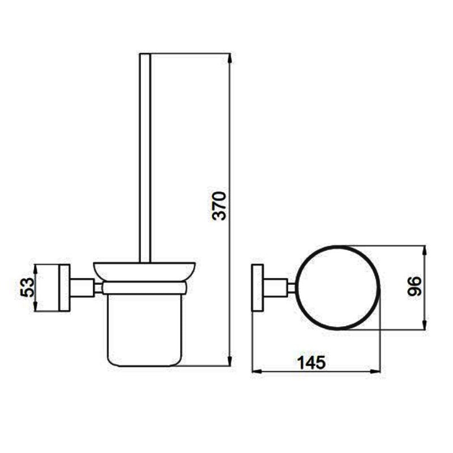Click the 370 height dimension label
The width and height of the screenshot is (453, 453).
point(219,206)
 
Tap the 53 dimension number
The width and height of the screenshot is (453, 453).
point(27,287)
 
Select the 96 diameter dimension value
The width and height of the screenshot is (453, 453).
point(414,286)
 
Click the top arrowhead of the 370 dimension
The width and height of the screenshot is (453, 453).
point(230,58)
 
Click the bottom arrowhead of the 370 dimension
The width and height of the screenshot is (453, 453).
point(230,361)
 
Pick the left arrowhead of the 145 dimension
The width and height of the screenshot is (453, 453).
point(258,371)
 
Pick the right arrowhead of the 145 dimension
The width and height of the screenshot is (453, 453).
point(375,371)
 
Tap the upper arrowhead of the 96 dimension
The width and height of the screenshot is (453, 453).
point(424,251)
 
